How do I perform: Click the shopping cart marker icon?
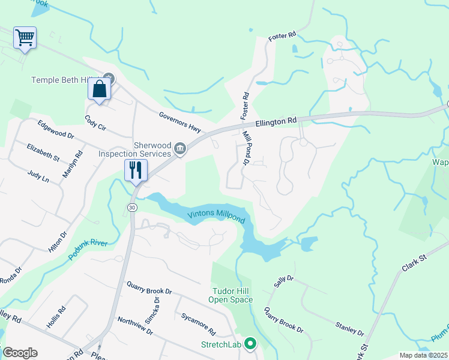click(x=25, y=38)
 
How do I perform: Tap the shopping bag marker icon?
click(x=99, y=89)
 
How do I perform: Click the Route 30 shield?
click(x=131, y=207)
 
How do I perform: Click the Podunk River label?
click(x=88, y=250)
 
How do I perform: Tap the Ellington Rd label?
click(x=276, y=122)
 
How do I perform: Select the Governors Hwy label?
click(x=182, y=123)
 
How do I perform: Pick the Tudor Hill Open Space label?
click(x=231, y=295)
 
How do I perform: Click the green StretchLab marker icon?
click(x=252, y=344)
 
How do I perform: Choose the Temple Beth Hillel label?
click(x=66, y=79)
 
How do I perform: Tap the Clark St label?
click(x=414, y=262)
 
